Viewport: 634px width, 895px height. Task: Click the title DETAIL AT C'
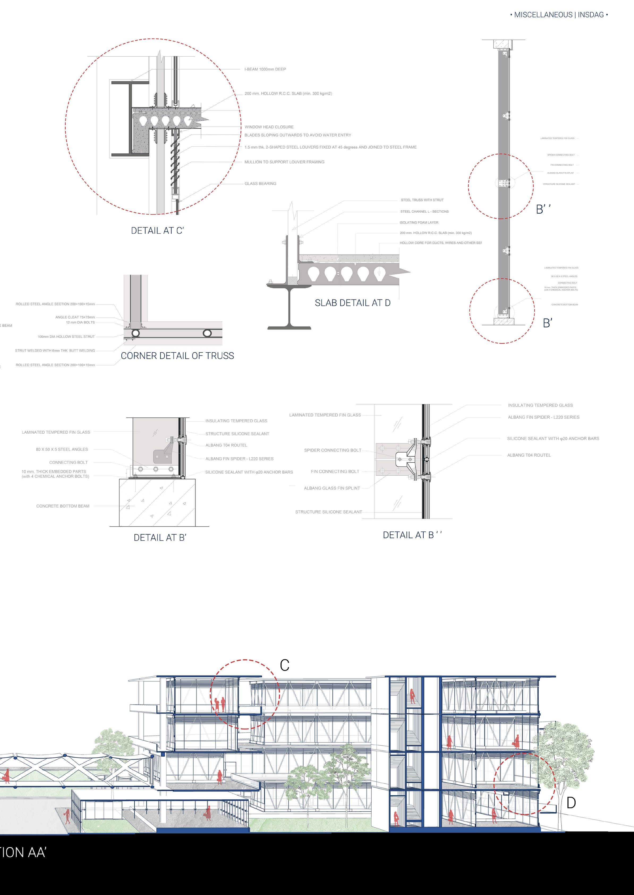pyautogui.click(x=157, y=231)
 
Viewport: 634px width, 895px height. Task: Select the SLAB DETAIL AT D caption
pyautogui.click(x=352, y=303)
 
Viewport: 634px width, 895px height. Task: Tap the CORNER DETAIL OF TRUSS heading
pyautogui.click(x=177, y=356)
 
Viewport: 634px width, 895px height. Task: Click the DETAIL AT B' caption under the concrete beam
pyautogui.click(x=160, y=538)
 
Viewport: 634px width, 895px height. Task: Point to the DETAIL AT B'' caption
pyautogui.click(x=412, y=535)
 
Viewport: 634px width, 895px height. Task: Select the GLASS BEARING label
pyautogui.click(x=260, y=184)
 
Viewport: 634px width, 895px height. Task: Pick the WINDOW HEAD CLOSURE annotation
pyautogui.click(x=269, y=127)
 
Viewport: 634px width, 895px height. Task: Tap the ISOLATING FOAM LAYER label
pyautogui.click(x=419, y=223)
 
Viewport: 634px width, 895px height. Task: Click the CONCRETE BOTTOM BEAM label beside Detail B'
pyautogui.click(x=63, y=506)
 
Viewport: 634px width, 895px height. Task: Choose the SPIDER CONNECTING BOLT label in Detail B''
pyautogui.click(x=333, y=450)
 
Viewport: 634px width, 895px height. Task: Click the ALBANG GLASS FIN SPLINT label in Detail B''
pyautogui.click(x=332, y=488)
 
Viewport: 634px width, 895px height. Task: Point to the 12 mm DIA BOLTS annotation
pyautogui.click(x=80, y=323)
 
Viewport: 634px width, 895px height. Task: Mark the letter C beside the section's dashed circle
pyautogui.click(x=285, y=665)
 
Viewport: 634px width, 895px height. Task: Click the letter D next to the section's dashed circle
pyautogui.click(x=571, y=803)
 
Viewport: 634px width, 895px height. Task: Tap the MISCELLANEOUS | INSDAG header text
pyautogui.click(x=559, y=15)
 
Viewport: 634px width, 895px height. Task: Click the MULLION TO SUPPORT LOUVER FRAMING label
pyautogui.click(x=284, y=162)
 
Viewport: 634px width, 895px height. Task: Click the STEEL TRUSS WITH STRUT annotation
pyautogui.click(x=422, y=200)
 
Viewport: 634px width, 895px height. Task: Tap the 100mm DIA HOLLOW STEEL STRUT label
pyautogui.click(x=66, y=337)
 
